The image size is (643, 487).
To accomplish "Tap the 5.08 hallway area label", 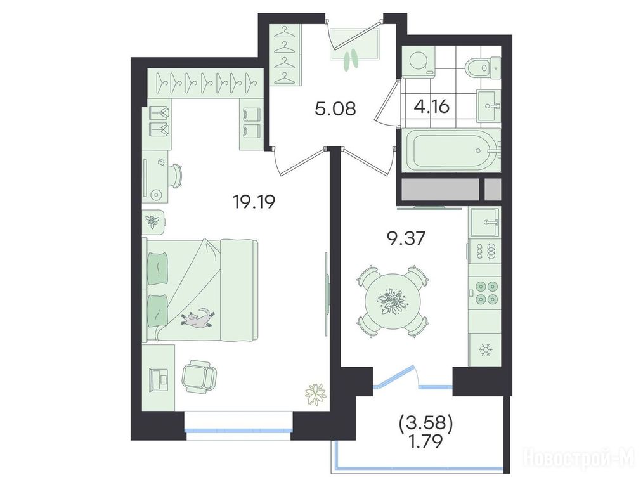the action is (335, 108).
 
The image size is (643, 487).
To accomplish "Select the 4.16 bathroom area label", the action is (432, 107).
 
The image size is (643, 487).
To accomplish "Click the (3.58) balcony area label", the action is (426, 424).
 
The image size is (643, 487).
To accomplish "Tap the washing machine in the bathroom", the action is (419, 62).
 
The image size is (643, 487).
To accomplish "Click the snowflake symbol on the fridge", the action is (486, 350).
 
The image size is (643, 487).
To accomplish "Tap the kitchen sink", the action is (484, 222).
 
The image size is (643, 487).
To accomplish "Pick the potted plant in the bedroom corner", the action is (315, 394).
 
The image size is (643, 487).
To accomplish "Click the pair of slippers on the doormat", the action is (350, 59).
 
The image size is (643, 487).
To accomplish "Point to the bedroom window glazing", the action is (238, 431).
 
